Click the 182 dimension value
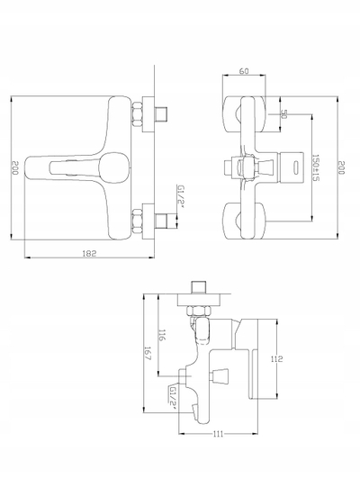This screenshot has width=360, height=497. click(x=89, y=253)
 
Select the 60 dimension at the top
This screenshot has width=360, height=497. click(x=244, y=71)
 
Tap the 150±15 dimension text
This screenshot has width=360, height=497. click(x=316, y=168)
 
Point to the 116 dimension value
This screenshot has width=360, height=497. click(x=162, y=335)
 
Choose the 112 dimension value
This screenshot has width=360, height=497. click(x=276, y=359)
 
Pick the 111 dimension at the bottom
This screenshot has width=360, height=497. click(x=219, y=434)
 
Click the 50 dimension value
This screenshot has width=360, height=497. click(x=283, y=114)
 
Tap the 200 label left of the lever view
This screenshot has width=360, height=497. click(x=15, y=167)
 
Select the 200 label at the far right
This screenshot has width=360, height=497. click(x=341, y=167)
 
